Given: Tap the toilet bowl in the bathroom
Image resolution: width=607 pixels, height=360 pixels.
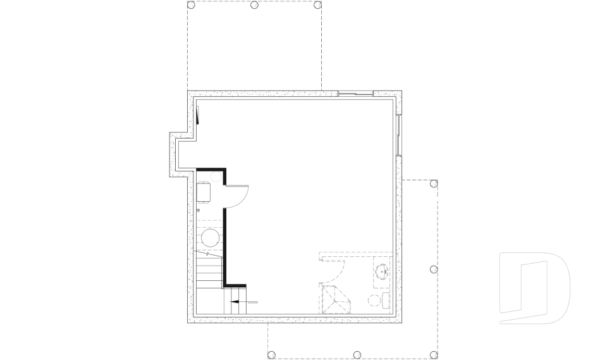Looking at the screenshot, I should pyautogui.click(x=374, y=299).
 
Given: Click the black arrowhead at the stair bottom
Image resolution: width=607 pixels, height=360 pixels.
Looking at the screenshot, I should pyautogui.click(x=235, y=302).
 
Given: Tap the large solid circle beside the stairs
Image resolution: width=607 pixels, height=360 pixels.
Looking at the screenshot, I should pyautogui.click(x=211, y=239).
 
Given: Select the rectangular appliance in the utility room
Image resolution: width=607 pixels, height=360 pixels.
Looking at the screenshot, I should pyautogui.click(x=204, y=192).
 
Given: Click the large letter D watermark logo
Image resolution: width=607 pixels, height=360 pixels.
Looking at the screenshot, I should pyautogui.click(x=534, y=289).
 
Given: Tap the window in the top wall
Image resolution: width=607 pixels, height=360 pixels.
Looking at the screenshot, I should pyautogui.click(x=355, y=94).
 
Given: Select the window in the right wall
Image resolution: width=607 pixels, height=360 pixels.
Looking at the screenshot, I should pyautogui.click(x=399, y=135).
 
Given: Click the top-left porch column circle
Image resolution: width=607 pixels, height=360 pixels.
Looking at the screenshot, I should pyautogui.click(x=191, y=5).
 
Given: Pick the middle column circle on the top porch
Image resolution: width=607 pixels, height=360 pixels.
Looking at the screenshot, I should pyautogui.click(x=254, y=5).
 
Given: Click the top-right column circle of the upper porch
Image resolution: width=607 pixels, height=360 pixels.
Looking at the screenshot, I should pyautogui.click(x=318, y=5).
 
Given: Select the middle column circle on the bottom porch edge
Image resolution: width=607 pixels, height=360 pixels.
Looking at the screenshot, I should pyautogui.click(x=356, y=355).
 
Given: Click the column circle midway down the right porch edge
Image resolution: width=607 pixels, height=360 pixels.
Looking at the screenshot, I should pyautogui.click(x=434, y=270).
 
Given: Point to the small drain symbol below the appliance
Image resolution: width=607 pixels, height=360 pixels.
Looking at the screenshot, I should pyautogui.click(x=199, y=209).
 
